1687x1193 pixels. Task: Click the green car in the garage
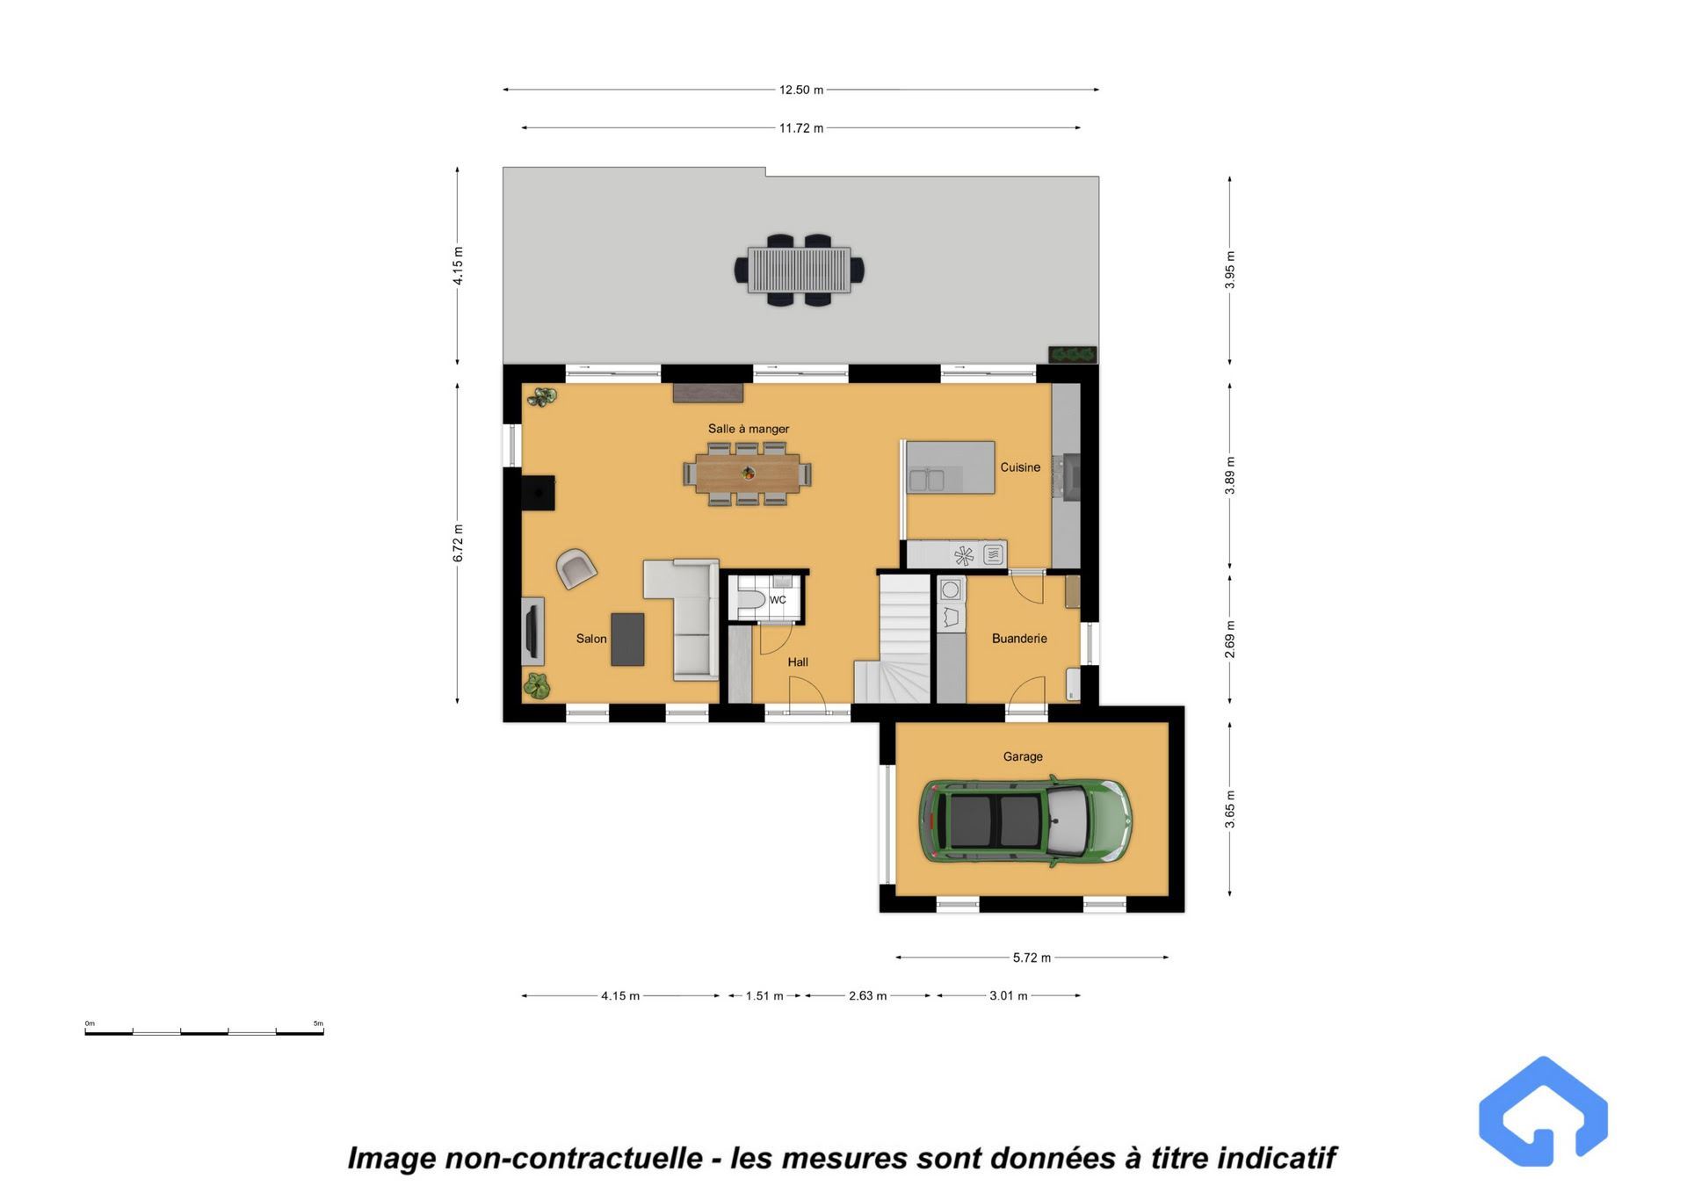1025,821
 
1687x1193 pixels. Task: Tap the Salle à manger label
749,429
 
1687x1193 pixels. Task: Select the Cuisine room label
1020,467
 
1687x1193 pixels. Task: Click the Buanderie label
1019,639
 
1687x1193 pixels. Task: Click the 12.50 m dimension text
801,90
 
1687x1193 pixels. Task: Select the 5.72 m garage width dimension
1032,958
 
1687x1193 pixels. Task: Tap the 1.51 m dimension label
764,996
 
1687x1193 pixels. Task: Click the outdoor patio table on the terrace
800,270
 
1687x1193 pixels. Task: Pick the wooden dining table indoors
748,474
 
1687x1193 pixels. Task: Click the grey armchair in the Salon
576,568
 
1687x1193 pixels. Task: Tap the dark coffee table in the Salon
627,639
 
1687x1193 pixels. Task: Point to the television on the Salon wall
532,632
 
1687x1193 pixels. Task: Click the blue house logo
1544,1112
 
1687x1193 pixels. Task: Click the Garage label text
1023,756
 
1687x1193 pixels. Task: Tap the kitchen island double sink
927,480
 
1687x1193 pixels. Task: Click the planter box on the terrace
1073,354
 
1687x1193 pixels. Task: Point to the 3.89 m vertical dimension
1230,475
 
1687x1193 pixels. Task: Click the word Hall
798,662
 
